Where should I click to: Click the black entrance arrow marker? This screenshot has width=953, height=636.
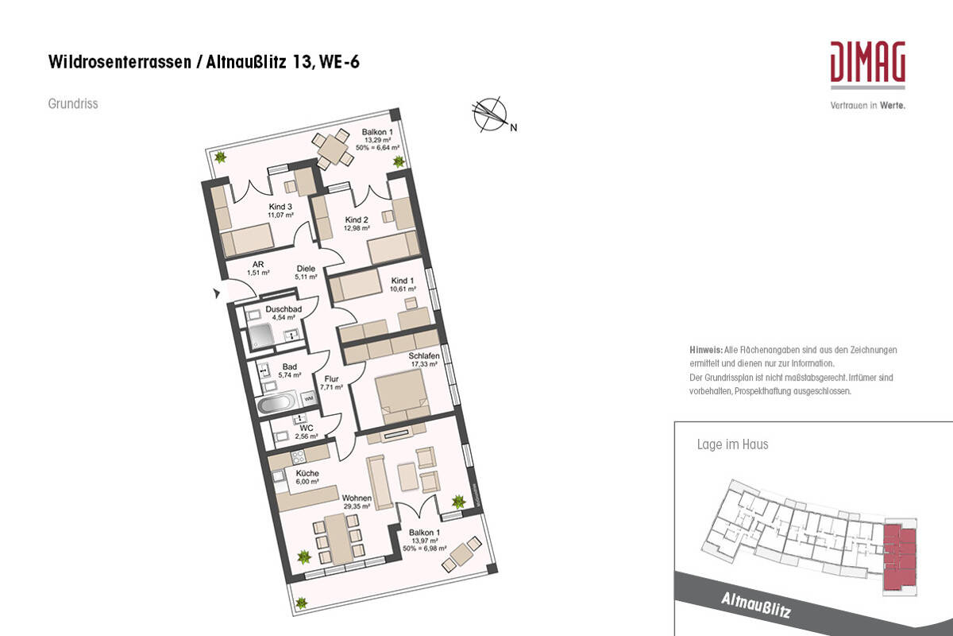point(217,294)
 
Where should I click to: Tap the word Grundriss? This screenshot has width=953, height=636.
point(73,103)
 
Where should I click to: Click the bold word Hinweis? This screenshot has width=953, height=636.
point(706,350)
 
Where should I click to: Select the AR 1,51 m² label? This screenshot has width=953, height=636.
point(258,269)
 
